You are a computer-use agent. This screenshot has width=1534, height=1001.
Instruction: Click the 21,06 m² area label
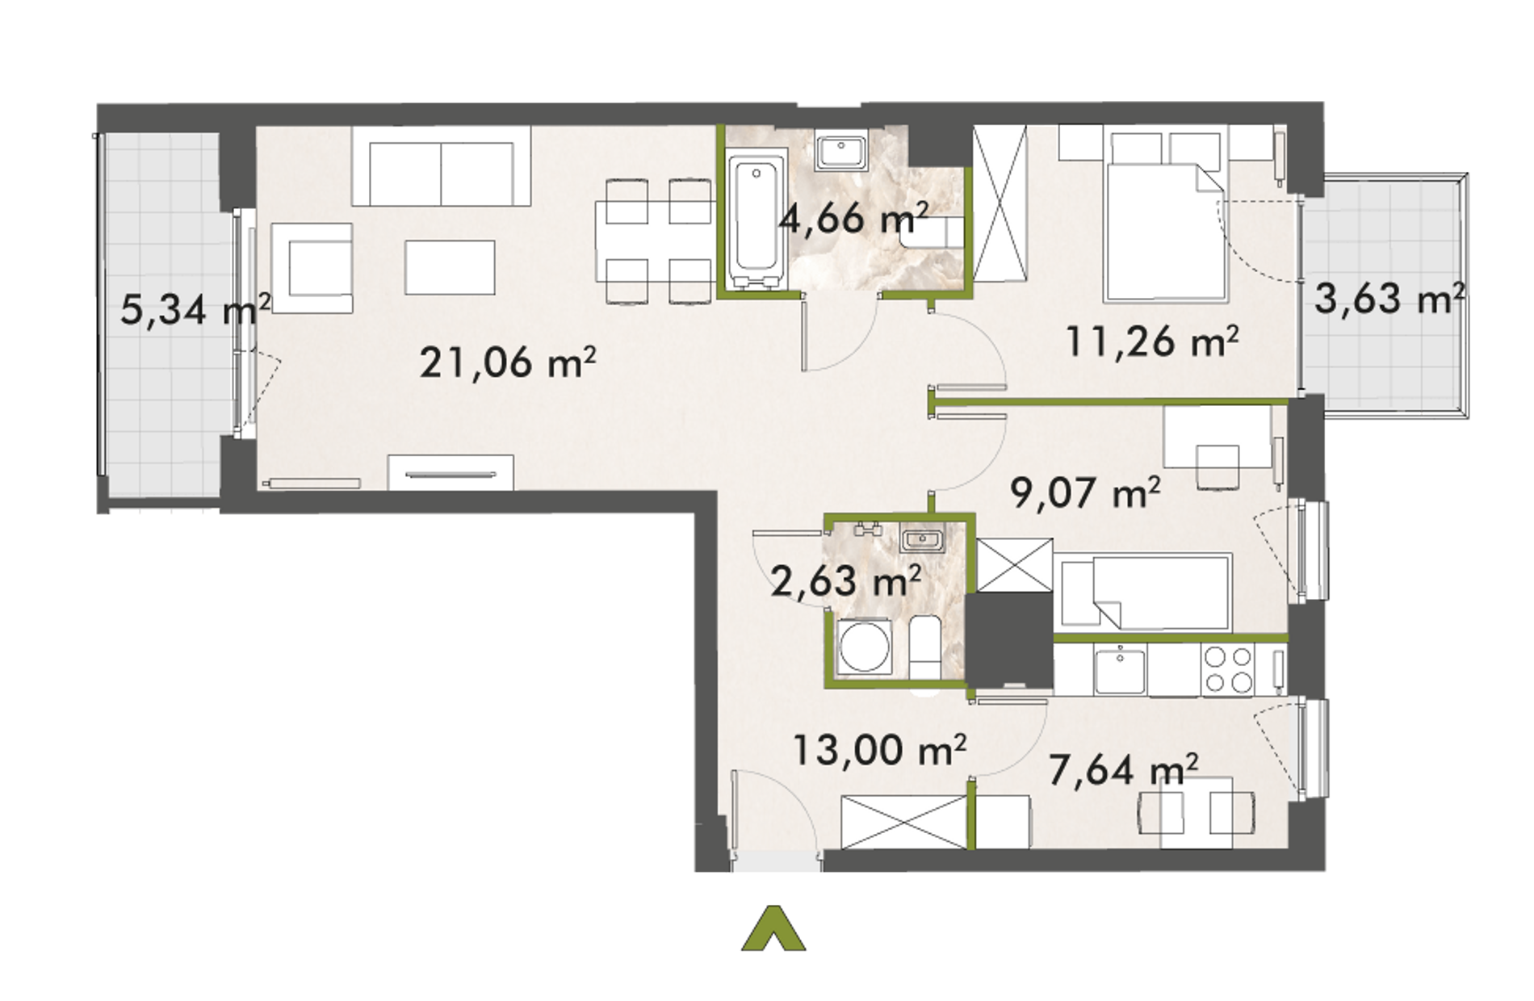508,362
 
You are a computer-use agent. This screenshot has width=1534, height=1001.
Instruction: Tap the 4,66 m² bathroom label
853,218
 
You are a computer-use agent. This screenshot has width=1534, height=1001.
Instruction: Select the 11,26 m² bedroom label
1152,341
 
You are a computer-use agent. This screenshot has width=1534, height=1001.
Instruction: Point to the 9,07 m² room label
1086,492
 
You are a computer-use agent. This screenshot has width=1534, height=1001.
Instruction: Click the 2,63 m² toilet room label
846,581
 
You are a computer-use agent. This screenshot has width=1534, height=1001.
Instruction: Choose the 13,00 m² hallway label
879,750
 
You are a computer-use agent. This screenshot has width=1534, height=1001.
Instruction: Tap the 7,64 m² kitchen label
1123,769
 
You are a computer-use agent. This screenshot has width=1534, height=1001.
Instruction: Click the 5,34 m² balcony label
195,309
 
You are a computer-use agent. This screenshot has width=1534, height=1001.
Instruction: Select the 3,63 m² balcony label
1389,299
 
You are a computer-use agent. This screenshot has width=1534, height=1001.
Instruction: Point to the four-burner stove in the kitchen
1227,671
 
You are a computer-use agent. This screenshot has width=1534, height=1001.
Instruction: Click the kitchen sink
1120,670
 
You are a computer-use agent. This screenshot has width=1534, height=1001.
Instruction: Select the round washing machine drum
865,647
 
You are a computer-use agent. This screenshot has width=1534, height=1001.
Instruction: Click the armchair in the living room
312,268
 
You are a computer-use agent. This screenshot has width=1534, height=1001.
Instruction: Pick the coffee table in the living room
450,267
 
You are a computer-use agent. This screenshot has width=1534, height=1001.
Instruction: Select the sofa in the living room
441,166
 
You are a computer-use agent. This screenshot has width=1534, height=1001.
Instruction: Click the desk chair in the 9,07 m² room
1218,467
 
